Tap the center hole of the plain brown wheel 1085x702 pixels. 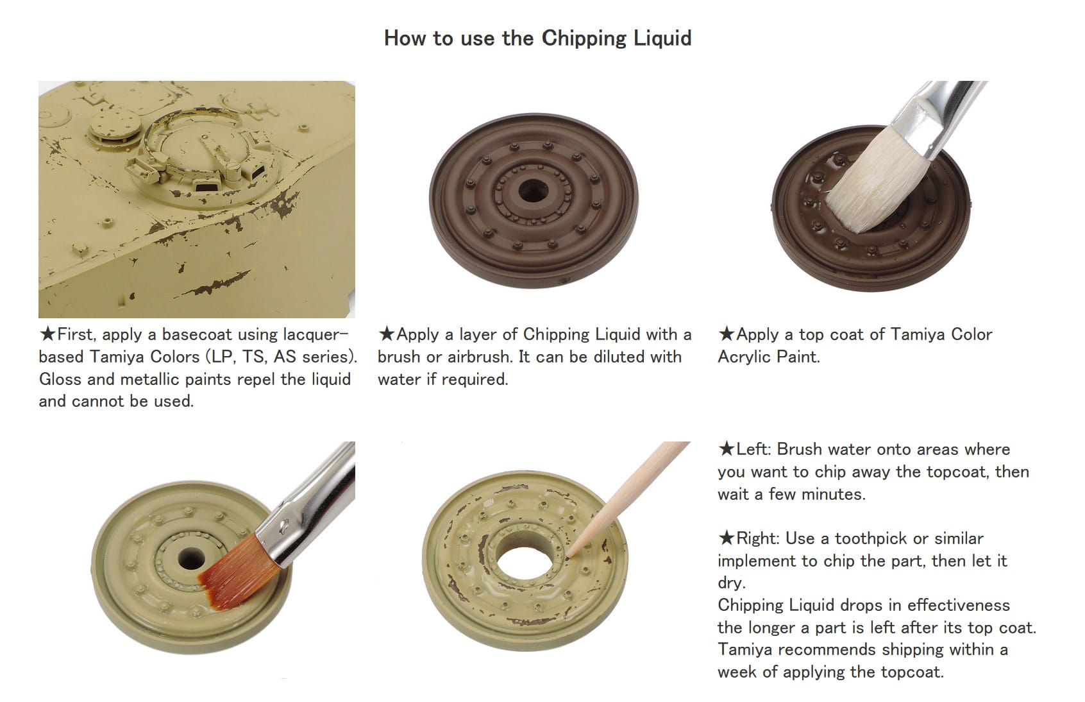pos(533,191)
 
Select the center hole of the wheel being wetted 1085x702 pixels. pos(191,559)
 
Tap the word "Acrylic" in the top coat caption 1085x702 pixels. pos(743,357)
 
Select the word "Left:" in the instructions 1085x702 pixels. pos(753,449)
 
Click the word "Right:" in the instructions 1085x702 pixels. pos(757,538)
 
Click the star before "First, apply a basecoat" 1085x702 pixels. pos(47,334)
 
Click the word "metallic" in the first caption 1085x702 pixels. pos(150,379)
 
